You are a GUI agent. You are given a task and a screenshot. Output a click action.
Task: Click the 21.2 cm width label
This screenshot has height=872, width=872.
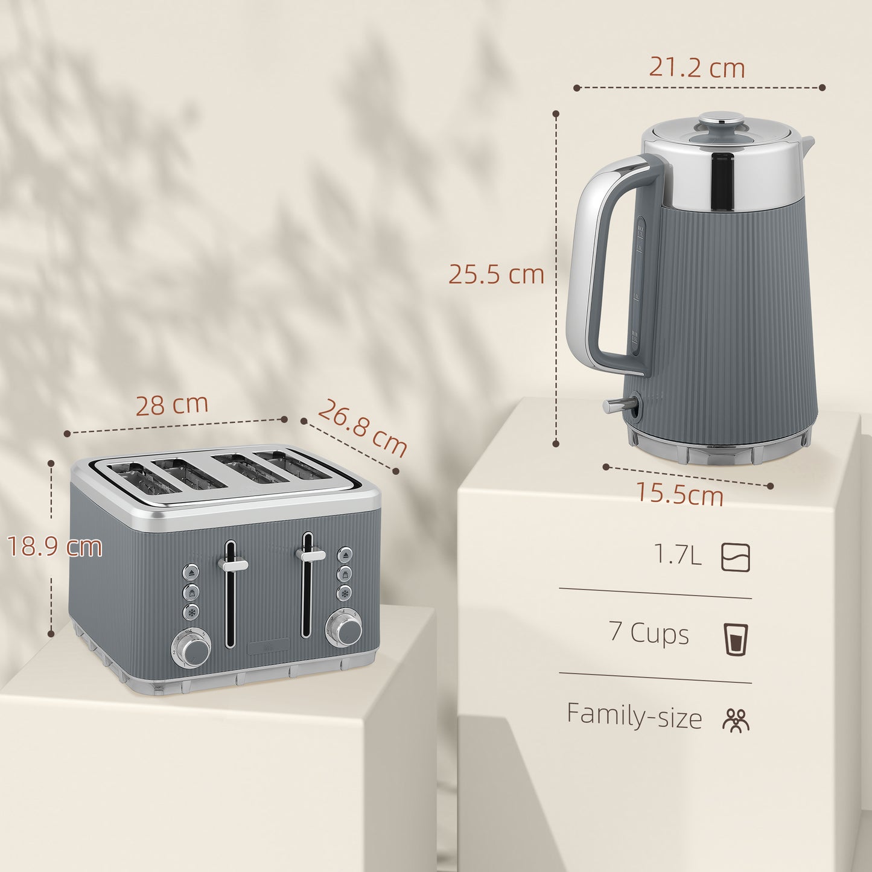[697, 68]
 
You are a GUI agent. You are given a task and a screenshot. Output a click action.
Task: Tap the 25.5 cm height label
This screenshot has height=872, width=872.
[496, 275]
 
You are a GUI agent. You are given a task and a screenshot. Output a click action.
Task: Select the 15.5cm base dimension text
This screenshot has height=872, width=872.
[680, 495]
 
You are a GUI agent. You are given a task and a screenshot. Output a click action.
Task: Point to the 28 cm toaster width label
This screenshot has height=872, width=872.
[171, 405]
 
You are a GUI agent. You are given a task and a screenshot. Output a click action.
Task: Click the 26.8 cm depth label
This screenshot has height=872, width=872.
[362, 428]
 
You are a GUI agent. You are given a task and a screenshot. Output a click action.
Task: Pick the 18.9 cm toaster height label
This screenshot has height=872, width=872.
[55, 547]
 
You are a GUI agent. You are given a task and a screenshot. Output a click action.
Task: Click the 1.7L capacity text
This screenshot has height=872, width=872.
[678, 555]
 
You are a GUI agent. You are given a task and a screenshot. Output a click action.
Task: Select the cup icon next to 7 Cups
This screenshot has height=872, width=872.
[736, 638]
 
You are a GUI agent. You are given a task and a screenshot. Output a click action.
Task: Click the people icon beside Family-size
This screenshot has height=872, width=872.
[736, 720]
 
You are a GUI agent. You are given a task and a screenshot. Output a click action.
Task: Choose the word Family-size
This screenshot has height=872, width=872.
[634, 716]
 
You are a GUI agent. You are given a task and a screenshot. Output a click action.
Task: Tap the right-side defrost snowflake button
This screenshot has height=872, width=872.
[345, 593]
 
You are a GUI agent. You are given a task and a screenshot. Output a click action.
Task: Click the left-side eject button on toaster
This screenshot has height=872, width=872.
[191, 571]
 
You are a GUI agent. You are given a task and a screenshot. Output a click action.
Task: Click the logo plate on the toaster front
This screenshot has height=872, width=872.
[268, 648]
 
